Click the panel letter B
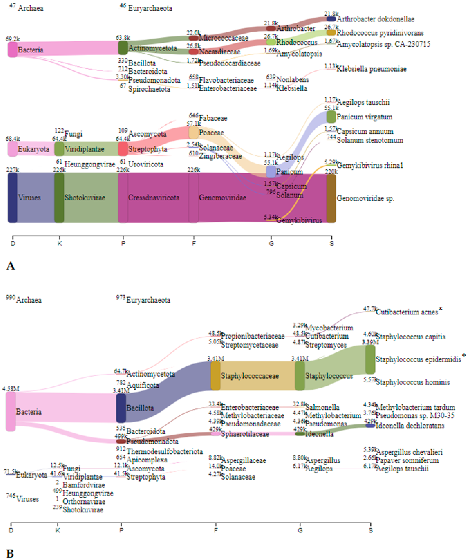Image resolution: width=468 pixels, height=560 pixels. [x=10, y=553]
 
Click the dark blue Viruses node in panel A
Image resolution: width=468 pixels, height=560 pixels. [x=13, y=197]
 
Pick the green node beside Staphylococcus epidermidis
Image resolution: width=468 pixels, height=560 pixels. [x=370, y=359]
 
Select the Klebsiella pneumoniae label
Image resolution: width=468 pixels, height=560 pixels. [x=371, y=69]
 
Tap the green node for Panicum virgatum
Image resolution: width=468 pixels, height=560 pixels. [x=331, y=117]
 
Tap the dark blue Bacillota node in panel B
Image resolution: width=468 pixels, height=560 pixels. [x=121, y=408]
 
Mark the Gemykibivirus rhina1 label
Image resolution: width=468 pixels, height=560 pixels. [x=370, y=166]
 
